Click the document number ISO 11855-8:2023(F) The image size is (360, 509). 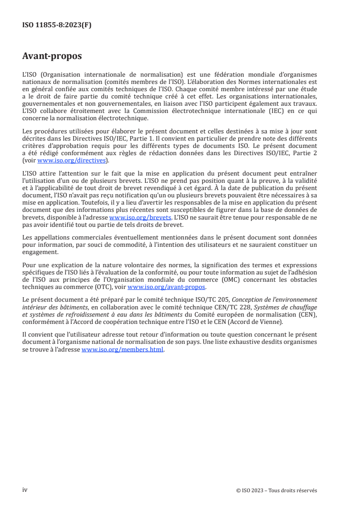[x=57, y=25]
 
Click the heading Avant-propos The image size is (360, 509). [x=52, y=56]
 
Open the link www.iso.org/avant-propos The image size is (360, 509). [x=167, y=287]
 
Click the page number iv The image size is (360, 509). [x=25, y=490]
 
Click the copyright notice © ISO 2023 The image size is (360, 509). [x=252, y=490]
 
